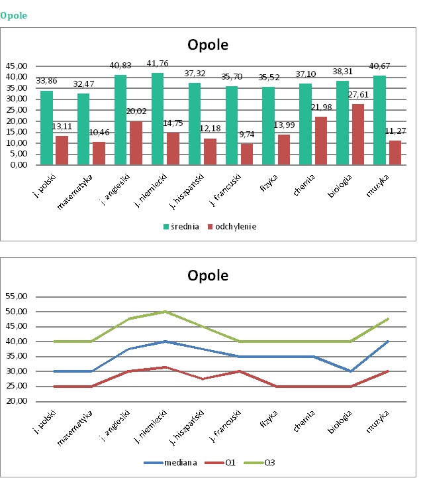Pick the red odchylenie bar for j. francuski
(x=246, y=154)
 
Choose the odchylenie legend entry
(x=232, y=226)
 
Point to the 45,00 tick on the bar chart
(x=17, y=66)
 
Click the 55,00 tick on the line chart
(x=17, y=296)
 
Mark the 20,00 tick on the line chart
(x=17, y=401)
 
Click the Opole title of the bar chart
(x=207, y=46)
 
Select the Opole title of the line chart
(x=207, y=275)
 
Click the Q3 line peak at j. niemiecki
(x=165, y=311)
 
